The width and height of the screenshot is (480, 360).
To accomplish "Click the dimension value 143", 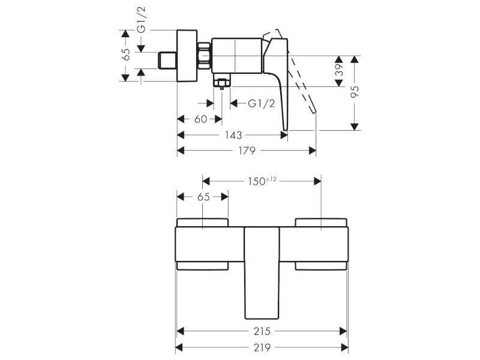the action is click(233, 135).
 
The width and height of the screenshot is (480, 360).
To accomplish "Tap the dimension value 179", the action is click(247, 151).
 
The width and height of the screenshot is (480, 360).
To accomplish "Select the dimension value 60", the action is click(201, 119).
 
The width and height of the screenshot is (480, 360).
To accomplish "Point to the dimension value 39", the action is click(339, 70).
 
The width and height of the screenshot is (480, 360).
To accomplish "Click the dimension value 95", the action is click(355, 92).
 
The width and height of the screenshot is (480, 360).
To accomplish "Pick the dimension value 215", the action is click(262, 331).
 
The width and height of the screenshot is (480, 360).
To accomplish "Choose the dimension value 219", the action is click(262, 348).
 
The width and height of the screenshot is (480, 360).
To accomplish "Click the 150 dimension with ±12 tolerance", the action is click(262, 181).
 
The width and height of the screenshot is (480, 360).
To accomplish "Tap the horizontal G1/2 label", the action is click(261, 103).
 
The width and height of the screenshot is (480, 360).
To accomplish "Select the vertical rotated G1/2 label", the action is click(142, 20).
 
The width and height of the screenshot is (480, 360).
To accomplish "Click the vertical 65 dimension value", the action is click(126, 55).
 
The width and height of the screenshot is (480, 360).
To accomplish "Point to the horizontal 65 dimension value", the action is click(203, 197).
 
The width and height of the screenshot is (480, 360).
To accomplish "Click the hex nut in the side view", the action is click(204, 55).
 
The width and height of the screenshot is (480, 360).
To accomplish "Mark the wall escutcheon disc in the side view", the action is click(187, 56).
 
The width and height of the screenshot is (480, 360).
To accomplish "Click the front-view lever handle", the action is click(262, 273).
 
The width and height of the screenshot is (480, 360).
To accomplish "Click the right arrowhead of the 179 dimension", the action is click(312, 151).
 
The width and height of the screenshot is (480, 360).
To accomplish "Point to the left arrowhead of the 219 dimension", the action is click(179, 348).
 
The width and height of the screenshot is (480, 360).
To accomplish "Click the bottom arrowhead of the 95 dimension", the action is click(355, 127).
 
